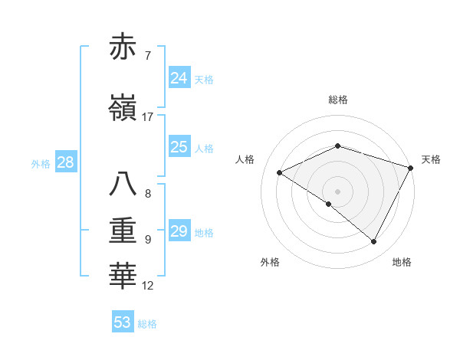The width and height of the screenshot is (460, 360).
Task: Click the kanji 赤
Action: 123,47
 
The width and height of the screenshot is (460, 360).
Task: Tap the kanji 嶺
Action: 123,109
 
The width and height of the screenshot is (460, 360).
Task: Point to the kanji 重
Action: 123,231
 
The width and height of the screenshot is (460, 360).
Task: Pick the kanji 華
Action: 123,277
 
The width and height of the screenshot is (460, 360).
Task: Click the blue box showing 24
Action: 179,77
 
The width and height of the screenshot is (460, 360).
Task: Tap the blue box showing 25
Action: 179,147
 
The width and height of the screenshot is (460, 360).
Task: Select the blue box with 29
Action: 179,231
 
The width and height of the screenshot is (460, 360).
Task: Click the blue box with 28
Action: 64,162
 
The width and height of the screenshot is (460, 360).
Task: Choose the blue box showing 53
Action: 123,322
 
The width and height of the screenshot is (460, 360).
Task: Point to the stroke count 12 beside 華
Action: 148,286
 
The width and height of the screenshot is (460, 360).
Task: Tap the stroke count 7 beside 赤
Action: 147,55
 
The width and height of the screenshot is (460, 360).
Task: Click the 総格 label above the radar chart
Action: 337,100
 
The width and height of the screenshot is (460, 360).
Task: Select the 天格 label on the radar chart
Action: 431,159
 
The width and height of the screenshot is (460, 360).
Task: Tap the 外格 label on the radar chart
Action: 270,262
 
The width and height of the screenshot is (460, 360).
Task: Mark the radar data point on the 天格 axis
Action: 411,168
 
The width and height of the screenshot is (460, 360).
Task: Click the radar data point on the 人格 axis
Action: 280,172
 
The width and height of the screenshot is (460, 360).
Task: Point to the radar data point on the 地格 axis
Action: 373,241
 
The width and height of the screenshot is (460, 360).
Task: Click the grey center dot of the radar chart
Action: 337,191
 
